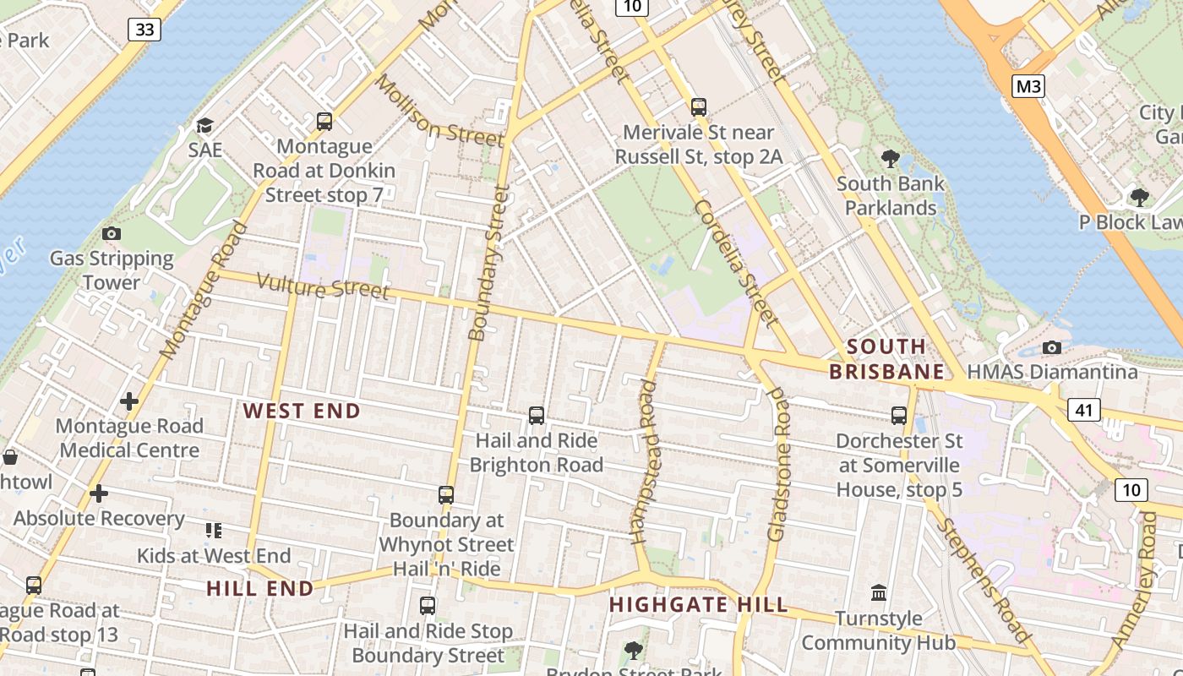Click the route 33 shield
[x=145, y=30]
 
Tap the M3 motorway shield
[x=1028, y=85]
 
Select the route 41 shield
[x=1084, y=411]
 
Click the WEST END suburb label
[x=302, y=412]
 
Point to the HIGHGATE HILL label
[x=698, y=605]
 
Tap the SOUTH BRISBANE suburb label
[x=886, y=359]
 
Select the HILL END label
[x=260, y=589]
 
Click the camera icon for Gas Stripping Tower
[x=111, y=233]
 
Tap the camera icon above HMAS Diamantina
[x=1052, y=347]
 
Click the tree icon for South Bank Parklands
[x=890, y=158]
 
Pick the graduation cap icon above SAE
[x=204, y=126]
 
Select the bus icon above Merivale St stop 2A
[x=698, y=107]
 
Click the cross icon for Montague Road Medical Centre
[x=129, y=401]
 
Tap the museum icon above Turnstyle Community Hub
[x=879, y=593]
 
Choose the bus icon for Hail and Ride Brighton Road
[x=537, y=415]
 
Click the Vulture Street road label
[x=323, y=287]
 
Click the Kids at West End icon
[x=214, y=531]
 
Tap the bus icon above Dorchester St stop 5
[x=899, y=415]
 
